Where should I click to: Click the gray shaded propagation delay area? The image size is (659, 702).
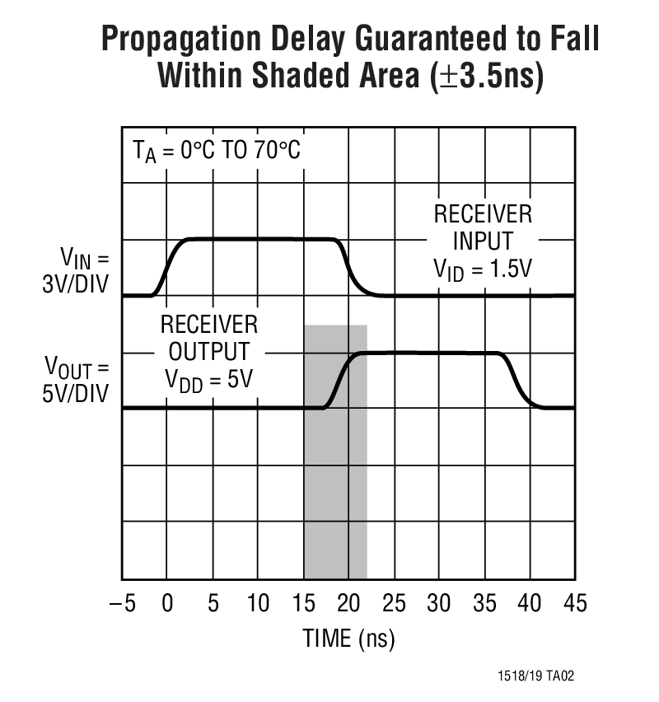[335, 494]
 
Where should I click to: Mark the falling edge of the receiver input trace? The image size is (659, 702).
[353, 267]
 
